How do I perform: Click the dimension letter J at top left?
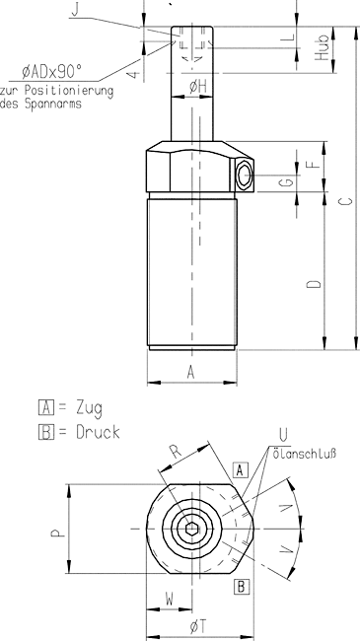75,10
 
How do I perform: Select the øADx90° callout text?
52,72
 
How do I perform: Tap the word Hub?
323,48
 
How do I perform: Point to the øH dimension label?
198,87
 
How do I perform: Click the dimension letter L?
289,37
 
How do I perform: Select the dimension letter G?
288,181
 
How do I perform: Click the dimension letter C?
346,201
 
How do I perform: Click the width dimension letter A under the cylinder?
190,373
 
